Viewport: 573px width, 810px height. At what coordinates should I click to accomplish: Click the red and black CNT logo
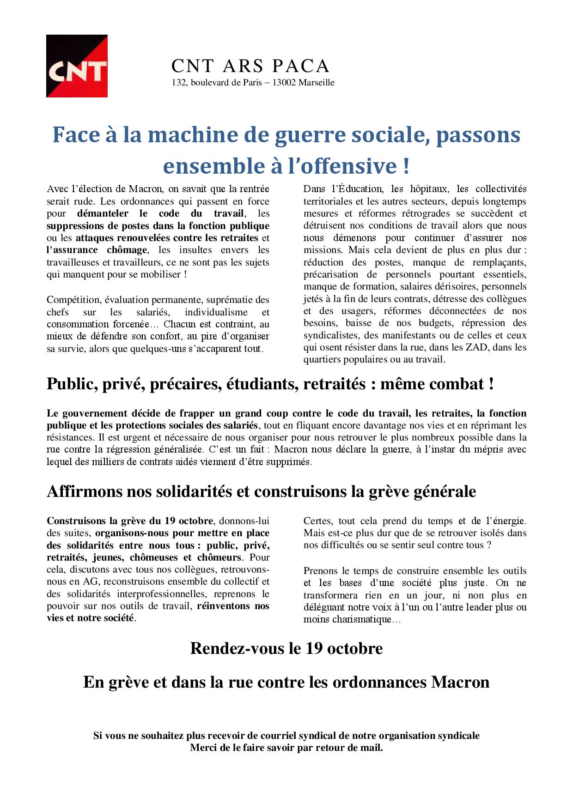77,66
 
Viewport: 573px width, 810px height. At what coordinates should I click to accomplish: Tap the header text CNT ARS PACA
250,66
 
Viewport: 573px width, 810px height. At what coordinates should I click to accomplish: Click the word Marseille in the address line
317,83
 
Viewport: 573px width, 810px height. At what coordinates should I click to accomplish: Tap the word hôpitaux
428,189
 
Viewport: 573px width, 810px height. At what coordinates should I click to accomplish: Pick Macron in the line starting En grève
460,683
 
